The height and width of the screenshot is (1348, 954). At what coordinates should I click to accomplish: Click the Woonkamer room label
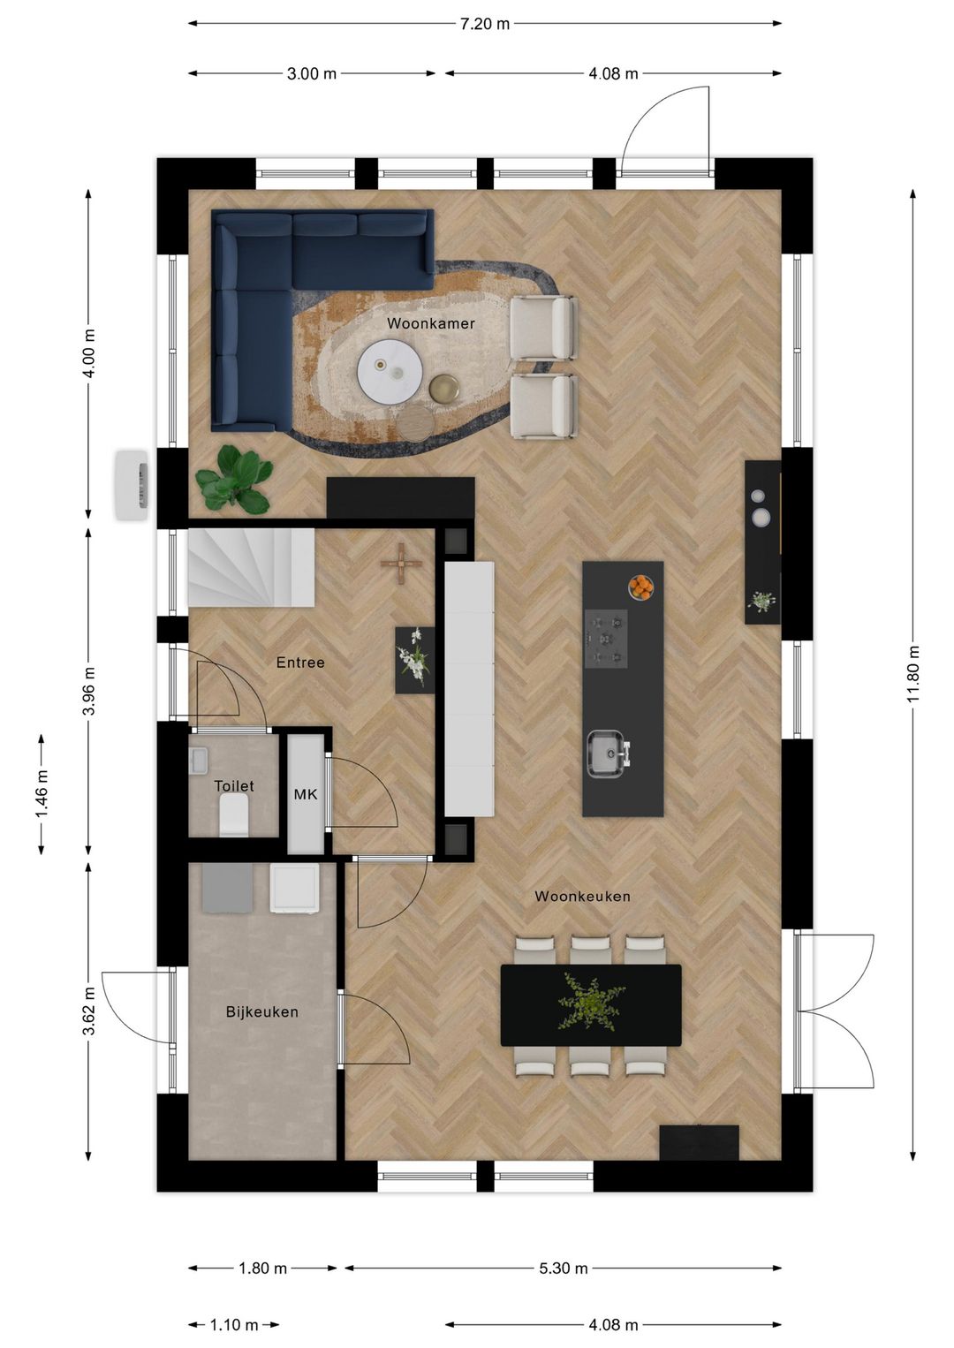[430, 323]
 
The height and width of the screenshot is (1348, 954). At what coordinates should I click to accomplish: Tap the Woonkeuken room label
[582, 896]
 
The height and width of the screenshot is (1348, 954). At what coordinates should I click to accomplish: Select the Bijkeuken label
[261, 1011]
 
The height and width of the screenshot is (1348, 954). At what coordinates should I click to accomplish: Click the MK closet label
[306, 794]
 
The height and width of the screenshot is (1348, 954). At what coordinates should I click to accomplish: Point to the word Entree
[300, 662]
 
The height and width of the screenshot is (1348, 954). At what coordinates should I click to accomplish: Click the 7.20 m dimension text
[484, 24]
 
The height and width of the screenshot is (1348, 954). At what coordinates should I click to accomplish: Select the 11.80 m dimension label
[912, 674]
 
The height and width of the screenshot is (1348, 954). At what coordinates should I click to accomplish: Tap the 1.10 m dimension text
[234, 1324]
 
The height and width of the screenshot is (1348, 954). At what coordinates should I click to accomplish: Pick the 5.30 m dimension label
[563, 1268]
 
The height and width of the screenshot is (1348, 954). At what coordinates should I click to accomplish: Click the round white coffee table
[390, 372]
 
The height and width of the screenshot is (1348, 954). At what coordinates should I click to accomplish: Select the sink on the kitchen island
[607, 754]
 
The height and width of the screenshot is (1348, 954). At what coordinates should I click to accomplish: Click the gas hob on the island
[606, 638]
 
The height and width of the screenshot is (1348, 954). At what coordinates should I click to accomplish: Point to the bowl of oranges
[641, 587]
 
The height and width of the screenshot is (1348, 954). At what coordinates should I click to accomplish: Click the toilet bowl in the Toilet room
[234, 814]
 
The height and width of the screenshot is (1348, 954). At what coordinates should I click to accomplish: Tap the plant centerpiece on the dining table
[589, 1003]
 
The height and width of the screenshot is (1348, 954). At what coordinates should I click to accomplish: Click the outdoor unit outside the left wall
[132, 485]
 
